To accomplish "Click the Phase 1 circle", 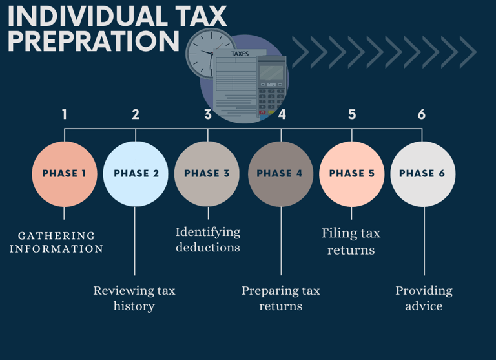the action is (65, 174).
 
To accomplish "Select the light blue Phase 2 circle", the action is (136, 174).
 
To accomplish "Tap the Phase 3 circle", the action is (207, 174).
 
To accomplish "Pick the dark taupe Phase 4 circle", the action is (280, 174).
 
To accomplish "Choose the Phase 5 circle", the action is (351, 174).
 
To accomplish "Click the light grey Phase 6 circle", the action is (422, 174).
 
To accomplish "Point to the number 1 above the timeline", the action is (65, 114).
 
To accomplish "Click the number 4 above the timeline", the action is (282, 114).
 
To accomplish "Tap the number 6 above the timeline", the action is (422, 114).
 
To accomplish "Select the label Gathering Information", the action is (56, 242).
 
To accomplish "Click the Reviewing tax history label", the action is (134, 298).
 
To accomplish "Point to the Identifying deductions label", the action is (208, 239).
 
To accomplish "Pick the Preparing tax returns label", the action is (281, 298).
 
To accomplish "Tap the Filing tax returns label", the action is (351, 240).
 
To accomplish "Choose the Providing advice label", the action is (424, 298).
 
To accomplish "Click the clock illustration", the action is (209, 54).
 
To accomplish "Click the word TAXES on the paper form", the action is (240, 54).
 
